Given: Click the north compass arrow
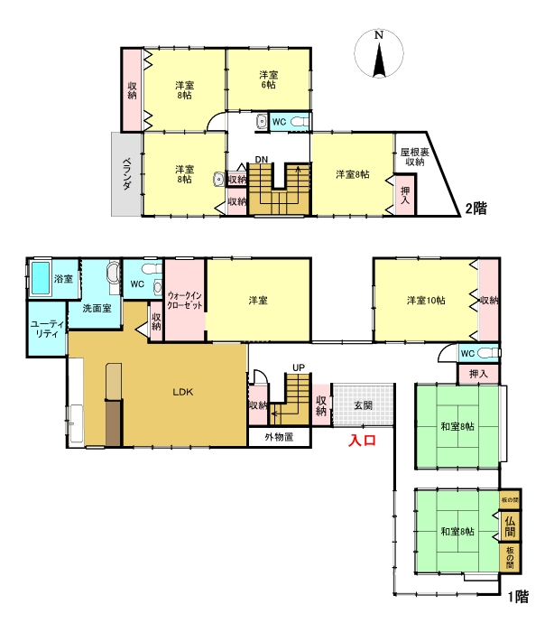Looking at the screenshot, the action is tap(379, 60).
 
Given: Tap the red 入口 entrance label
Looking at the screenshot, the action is tap(362, 440).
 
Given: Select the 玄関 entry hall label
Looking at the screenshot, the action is tap(363, 405).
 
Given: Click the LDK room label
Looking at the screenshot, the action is tap(183, 392).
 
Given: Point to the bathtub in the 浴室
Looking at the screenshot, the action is tap(41, 278).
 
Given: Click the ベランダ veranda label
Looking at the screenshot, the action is tap(127, 173).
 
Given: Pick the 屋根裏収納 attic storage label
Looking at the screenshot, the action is tap(414, 157).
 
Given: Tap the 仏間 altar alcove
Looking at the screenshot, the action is tap(510, 526).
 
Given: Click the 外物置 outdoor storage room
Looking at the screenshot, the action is tap(279, 437).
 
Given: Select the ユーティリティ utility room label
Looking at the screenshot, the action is tap(47, 329).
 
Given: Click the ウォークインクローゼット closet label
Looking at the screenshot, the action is tap(185, 301).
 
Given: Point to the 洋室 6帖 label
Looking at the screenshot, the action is tap(268, 79).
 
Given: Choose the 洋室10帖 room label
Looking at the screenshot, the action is tap(426, 301).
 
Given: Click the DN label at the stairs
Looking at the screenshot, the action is tap(261, 160).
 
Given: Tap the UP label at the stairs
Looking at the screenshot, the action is tap(299, 367).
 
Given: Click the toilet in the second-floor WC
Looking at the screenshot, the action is tap(300, 121).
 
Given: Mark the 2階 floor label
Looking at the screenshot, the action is tap(476, 209).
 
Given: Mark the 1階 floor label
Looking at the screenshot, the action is tap(518, 597).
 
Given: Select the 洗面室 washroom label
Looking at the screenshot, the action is tap(97, 309).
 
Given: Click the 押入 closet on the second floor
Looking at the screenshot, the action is tap(404, 195).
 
